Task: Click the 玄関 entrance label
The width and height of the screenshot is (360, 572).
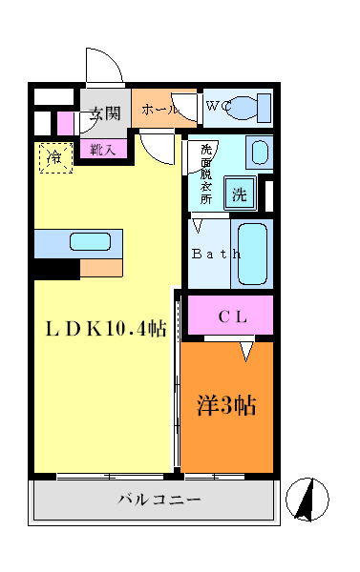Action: pyautogui.click(x=105, y=113)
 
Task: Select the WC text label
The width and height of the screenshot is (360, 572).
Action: pyautogui.click(x=218, y=107)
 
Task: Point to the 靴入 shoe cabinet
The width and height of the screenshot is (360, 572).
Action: pyautogui.click(x=103, y=149)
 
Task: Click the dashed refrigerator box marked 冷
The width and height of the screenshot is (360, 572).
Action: pyautogui.click(x=54, y=157)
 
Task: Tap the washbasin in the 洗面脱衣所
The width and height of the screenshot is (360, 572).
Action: pyautogui.click(x=259, y=151)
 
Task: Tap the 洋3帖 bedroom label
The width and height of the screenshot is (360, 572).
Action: pyautogui.click(x=225, y=404)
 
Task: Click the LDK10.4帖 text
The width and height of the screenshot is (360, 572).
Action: pyautogui.click(x=107, y=329)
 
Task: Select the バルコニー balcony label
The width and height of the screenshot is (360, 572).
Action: pyautogui.click(x=159, y=500)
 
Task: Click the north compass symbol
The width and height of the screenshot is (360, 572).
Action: pyautogui.click(x=307, y=499)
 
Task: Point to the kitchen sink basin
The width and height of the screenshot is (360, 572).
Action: pyautogui.click(x=88, y=243)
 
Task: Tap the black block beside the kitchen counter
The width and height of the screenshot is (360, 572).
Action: pyautogui.click(x=56, y=270)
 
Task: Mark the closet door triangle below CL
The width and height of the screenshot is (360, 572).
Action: pyautogui.click(x=246, y=351)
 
